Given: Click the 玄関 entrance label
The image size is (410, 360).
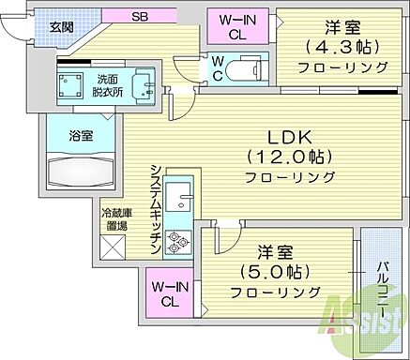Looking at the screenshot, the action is tap(37, 25).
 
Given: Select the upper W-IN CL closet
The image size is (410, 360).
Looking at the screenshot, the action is tap(240, 26).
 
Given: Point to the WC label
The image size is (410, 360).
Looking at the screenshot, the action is tap(217, 68).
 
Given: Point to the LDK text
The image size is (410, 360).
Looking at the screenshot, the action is tap(290, 133).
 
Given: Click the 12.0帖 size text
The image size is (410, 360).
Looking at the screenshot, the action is tap(290, 155).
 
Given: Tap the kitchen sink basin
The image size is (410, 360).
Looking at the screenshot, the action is tap(181, 202).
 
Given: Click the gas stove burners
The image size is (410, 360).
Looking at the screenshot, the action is tap(178, 243).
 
